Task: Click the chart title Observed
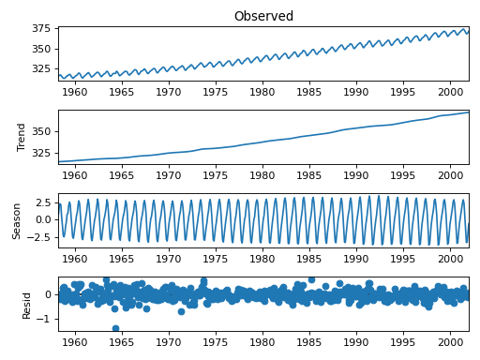(263, 16)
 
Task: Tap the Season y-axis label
(17, 220)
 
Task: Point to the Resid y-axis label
(26, 304)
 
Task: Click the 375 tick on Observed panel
(41, 28)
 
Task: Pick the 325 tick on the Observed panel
(41, 69)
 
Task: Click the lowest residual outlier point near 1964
(115, 328)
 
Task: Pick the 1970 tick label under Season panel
(169, 259)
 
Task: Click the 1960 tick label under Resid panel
(75, 342)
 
